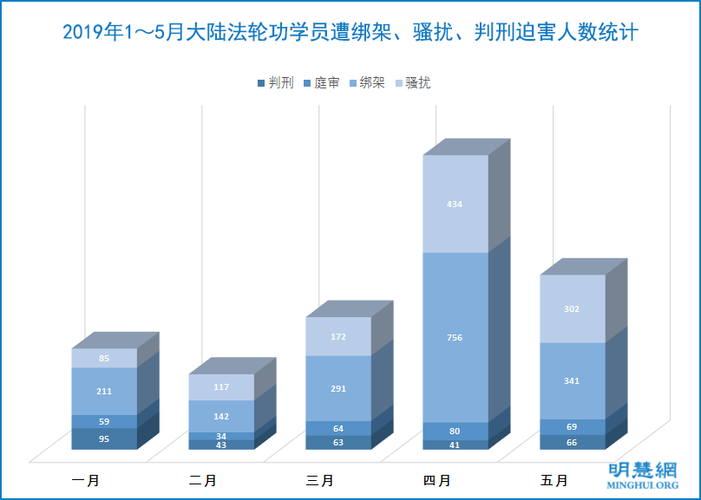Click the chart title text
350,34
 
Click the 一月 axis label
87,480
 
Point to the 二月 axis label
204,480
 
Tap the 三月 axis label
320,480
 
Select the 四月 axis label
437,480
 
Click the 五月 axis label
554,480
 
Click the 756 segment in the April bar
455,337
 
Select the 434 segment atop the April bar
455,204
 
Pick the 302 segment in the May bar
573,308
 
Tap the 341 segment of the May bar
573,380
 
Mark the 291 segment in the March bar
338,388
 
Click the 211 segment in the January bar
104,391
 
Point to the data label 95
104,438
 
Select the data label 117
221,387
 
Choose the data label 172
338,336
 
